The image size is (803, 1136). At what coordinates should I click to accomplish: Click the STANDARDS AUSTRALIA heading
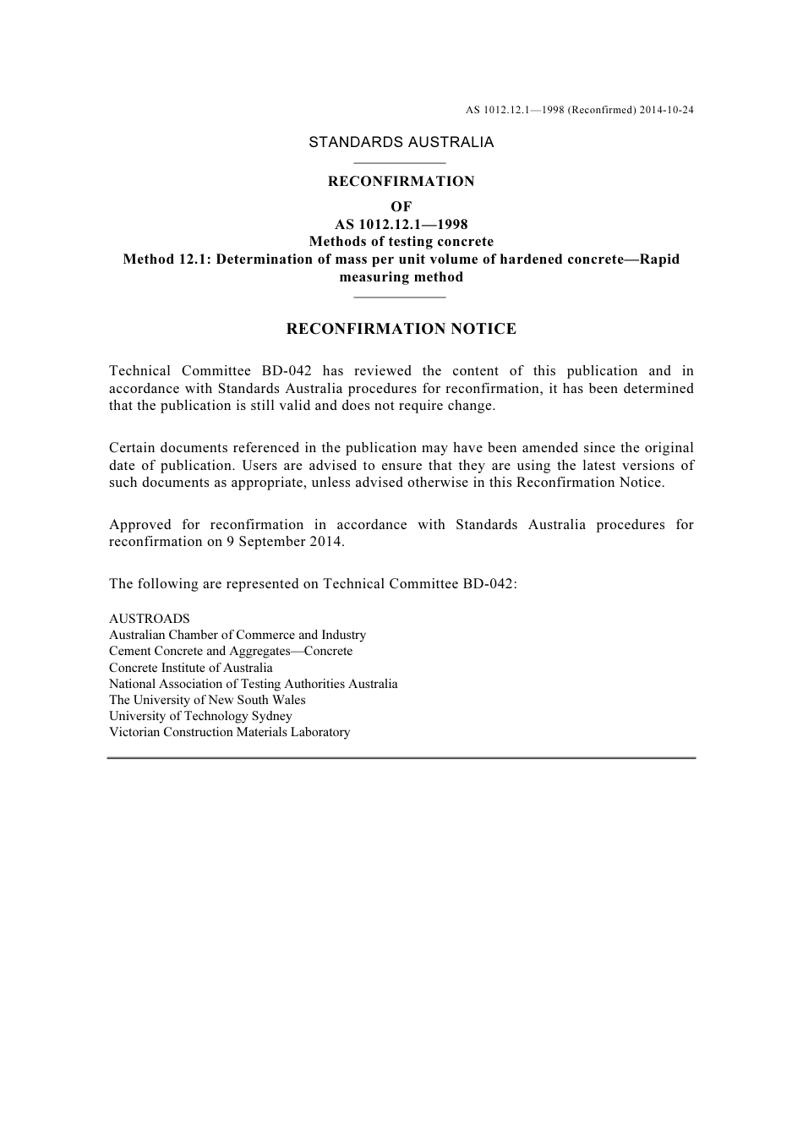click(x=401, y=142)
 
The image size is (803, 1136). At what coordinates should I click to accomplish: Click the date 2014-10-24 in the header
click(x=667, y=110)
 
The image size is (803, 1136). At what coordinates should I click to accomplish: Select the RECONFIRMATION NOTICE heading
click(x=401, y=329)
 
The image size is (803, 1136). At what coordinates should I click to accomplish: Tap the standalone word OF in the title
click(x=401, y=206)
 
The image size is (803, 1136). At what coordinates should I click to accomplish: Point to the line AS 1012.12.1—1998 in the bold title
click(x=401, y=224)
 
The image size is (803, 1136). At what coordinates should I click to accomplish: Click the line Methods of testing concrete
click(x=401, y=242)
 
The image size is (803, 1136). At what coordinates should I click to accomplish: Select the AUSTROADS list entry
click(x=150, y=619)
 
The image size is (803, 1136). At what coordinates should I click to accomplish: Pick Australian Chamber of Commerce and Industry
click(x=238, y=635)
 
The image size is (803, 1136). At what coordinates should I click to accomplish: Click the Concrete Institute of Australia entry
click(x=191, y=668)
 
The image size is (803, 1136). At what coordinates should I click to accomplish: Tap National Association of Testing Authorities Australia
click(x=253, y=684)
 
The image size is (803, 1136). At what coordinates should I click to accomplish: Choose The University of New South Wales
click(x=207, y=700)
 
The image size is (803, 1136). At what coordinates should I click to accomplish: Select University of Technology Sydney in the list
click(x=200, y=716)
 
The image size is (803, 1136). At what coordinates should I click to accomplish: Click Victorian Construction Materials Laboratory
click(x=229, y=732)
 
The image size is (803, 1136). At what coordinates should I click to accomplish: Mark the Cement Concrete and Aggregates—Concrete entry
click(x=231, y=651)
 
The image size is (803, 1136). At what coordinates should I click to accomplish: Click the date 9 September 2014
click(x=284, y=542)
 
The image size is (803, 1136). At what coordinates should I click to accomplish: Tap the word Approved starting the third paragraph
click(x=139, y=525)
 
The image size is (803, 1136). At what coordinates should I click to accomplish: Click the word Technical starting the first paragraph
click(x=139, y=371)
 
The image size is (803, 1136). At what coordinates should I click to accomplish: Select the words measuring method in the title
click(x=401, y=277)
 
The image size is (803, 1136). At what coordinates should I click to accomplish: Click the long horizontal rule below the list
click(x=401, y=758)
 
